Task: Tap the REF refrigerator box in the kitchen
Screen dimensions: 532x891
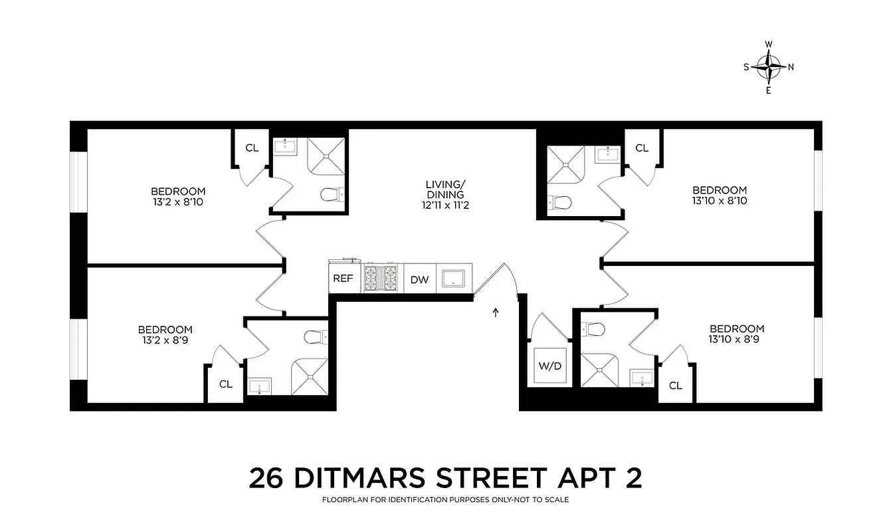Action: click(343, 279)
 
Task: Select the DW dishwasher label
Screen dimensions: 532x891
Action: click(419, 280)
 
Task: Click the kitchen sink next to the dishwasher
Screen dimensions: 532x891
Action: click(455, 279)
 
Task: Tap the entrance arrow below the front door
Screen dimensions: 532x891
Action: click(495, 313)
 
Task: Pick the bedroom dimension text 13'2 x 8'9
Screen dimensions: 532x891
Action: click(165, 340)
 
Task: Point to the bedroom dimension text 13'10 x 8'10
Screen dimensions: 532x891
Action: click(719, 200)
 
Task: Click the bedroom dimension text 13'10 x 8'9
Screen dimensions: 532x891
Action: click(737, 339)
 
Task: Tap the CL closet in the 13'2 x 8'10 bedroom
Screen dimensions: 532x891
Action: click(252, 148)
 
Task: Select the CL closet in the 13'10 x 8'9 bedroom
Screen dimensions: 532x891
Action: click(676, 385)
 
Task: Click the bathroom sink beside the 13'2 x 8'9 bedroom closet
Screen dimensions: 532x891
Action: click(258, 385)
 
